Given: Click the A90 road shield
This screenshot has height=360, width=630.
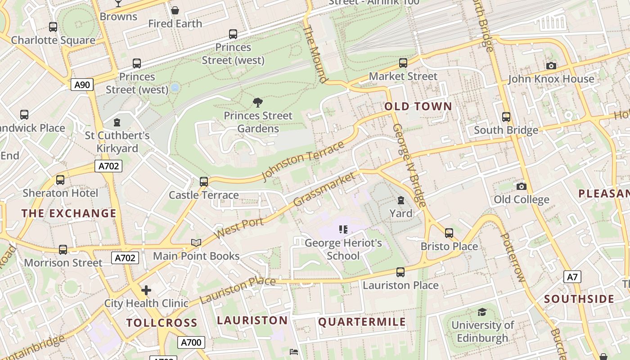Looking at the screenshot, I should click(82, 85).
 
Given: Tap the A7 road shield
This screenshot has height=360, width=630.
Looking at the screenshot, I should click(572, 277).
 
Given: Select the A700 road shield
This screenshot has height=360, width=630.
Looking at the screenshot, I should click(191, 342).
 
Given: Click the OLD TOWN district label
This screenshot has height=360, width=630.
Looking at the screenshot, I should click(418, 107).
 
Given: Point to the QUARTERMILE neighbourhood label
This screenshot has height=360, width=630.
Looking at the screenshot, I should click(362, 322).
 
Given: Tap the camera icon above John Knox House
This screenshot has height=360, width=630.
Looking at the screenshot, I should click(551, 66).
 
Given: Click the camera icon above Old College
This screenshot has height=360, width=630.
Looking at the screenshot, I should click(521, 186).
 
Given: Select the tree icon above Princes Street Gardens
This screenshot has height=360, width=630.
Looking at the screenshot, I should click(258, 103).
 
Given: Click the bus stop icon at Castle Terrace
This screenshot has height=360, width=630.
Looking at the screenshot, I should click(204, 182).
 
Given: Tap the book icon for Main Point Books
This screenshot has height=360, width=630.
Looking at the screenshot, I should click(196, 243).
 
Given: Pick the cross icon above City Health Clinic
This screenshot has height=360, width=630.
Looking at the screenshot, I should click(146, 290).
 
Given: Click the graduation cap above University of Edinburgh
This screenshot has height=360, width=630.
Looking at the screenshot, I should click(482, 312).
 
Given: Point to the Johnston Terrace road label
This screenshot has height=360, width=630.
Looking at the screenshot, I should click(303, 161).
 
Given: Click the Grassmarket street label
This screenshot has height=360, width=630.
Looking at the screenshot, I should click(324, 189).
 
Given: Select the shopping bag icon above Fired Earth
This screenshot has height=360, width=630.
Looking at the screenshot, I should click(175, 10).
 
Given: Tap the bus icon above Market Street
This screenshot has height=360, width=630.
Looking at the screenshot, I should click(403, 63).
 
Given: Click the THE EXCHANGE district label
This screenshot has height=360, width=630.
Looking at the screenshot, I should click(69, 213).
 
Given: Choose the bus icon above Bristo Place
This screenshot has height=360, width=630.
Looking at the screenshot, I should click(449, 233).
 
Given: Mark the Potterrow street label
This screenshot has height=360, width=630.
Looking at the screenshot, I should click(513, 257).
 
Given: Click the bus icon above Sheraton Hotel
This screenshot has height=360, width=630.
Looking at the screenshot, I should click(60, 180).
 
